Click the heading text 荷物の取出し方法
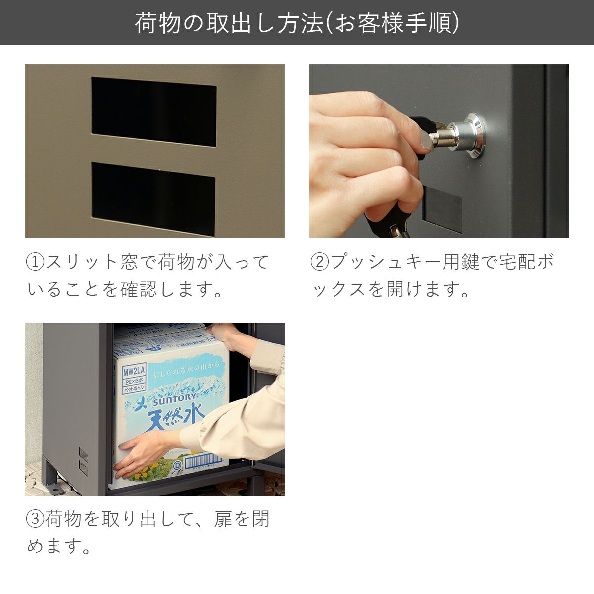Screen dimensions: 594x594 [x=228, y=23]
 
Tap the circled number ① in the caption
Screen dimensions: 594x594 [x=35, y=262]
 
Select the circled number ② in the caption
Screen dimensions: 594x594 [x=319, y=262]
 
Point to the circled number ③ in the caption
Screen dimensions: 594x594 [x=35, y=519]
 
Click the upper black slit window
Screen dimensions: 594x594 [x=153, y=111]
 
